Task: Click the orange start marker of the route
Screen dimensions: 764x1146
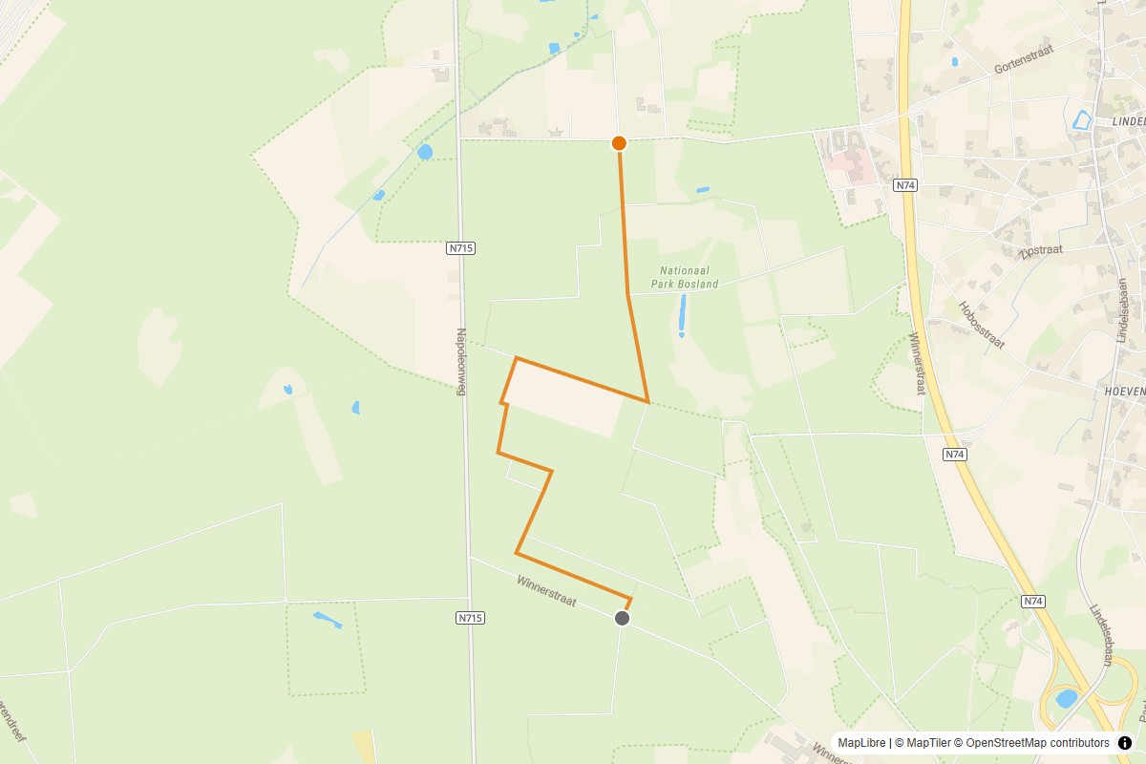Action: coord(619,143)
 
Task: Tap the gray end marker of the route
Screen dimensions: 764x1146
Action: coord(623,618)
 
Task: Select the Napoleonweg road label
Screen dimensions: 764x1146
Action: coord(461,363)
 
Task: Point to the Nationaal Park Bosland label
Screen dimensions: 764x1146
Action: coord(684,278)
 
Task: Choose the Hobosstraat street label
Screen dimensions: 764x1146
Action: coord(981,325)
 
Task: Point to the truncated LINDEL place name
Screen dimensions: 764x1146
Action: coord(1128,122)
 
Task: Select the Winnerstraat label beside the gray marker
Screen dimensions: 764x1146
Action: coord(546,590)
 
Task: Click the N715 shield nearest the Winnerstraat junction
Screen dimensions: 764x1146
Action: coord(471,618)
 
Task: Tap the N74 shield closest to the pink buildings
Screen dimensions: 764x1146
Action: coord(906,185)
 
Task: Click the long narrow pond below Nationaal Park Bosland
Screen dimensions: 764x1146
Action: coord(682,315)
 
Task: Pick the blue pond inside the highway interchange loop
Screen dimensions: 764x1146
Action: coord(1066,698)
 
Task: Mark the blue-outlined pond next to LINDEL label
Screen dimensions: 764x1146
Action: coord(1081,120)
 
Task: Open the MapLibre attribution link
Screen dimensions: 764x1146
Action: coord(862,743)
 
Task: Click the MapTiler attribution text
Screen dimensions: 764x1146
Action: coord(926,743)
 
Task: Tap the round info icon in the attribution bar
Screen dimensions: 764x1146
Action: coord(1125,743)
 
